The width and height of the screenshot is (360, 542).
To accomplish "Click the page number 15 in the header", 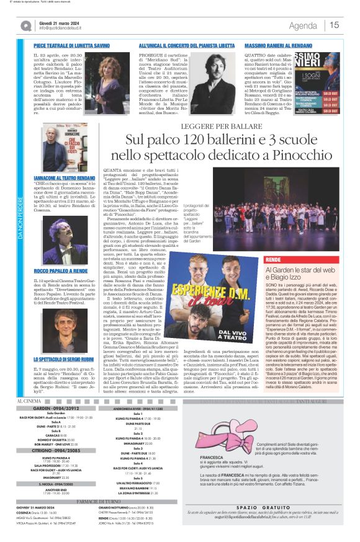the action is coord(335,25).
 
